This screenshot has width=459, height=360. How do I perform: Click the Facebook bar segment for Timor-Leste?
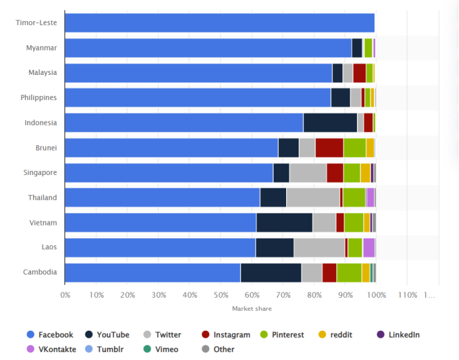click(219, 23)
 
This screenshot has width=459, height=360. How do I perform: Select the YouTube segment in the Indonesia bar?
click(330, 123)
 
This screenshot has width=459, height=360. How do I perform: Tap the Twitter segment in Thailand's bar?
click(313, 198)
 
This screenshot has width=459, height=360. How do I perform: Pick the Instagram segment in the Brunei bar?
click(329, 147)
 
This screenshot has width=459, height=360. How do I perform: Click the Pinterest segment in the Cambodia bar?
click(349, 272)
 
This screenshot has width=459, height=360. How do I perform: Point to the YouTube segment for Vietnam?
click(284, 222)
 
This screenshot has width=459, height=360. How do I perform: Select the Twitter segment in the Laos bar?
click(319, 247)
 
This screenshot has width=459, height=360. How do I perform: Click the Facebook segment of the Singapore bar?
click(169, 172)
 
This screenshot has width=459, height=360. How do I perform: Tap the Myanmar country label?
click(41, 48)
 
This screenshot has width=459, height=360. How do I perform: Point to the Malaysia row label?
click(42, 72)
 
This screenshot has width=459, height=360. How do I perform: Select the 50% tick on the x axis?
click(221, 295)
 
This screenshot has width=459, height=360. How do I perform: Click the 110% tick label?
click(407, 295)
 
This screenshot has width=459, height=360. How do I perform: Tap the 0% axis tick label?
click(65, 295)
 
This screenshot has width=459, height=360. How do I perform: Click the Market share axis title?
click(252, 309)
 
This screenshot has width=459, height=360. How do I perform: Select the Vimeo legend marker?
click(146, 349)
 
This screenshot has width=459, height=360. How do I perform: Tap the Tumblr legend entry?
click(109, 349)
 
